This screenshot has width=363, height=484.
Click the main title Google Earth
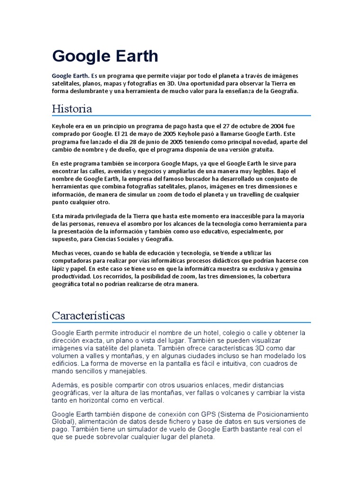point(105,56)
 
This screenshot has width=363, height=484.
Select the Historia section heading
point(72,109)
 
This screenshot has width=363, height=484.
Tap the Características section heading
point(88,315)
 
